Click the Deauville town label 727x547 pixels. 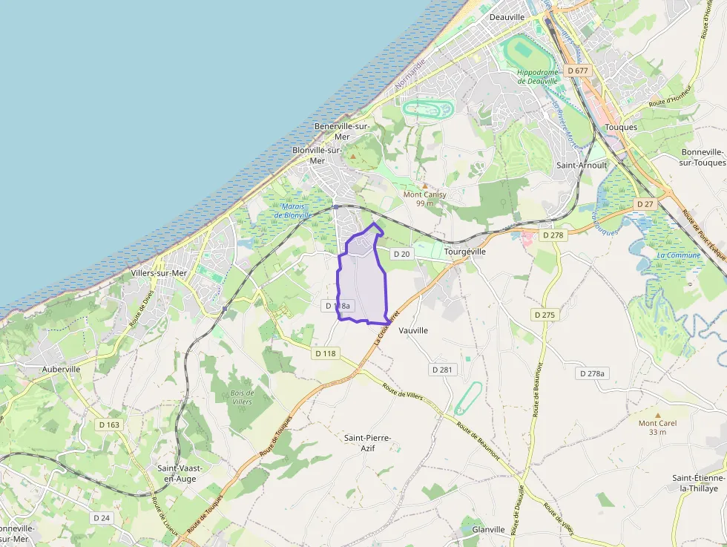tap(507, 17)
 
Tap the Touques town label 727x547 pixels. tap(621, 127)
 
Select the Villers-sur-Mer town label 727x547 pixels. tap(159, 273)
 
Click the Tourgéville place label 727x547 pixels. tap(465, 252)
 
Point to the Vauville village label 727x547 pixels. tap(413, 330)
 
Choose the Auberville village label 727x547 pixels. tap(62, 369)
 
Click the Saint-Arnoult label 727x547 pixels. tap(582, 166)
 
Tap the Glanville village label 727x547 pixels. tap(488, 530)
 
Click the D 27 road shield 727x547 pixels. tap(644, 203)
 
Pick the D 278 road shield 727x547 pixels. tap(553, 235)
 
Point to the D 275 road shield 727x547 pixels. tap(544, 315)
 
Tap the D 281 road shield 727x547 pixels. tap(443, 369)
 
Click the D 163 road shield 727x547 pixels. tap(108, 425)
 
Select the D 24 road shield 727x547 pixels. tap(102, 517)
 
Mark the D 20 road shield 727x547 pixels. tap(401, 254)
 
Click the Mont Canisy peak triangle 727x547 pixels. tap(424, 186)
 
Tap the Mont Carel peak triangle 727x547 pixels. tap(657, 415)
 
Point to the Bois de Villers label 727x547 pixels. tap(242, 397)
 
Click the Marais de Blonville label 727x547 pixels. tap(292, 210)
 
